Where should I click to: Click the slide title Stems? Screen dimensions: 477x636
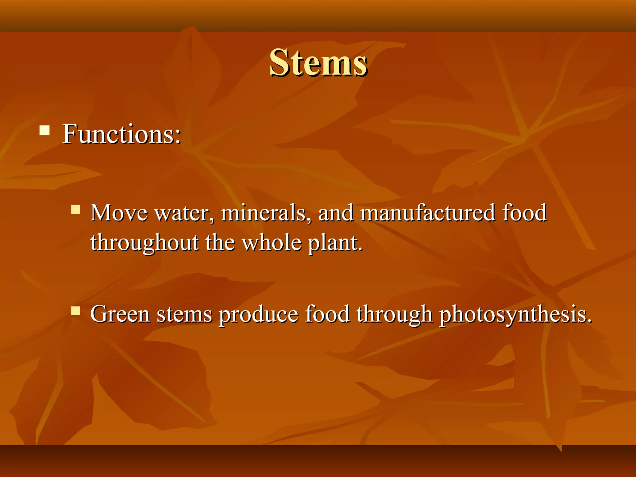point(318,63)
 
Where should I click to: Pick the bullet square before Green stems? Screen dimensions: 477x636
point(75,311)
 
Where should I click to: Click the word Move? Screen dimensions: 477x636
point(119,213)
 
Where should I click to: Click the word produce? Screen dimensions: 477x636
point(258,314)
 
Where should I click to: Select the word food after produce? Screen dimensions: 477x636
point(327,314)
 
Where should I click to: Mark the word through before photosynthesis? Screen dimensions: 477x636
point(394,314)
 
